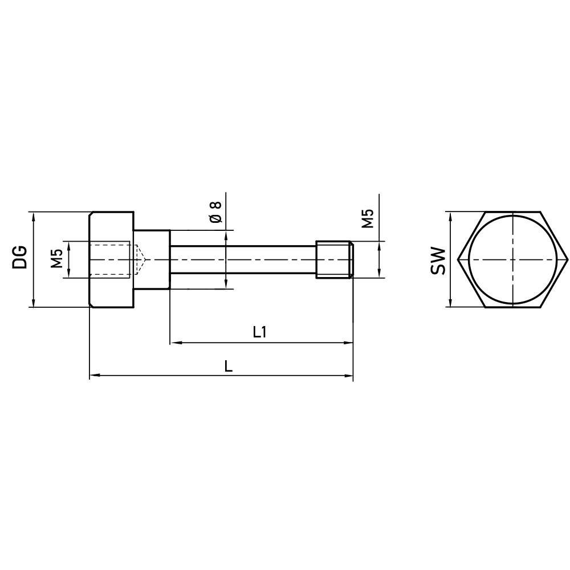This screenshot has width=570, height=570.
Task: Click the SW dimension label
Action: pyautogui.click(x=437, y=260)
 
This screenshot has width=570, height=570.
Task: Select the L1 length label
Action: pyautogui.click(x=260, y=332)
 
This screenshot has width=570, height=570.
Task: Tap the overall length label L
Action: pyautogui.click(x=228, y=366)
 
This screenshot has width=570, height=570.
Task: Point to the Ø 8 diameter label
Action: pyautogui.click(x=215, y=211)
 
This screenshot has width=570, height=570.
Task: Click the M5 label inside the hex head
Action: pyautogui.click(x=56, y=259)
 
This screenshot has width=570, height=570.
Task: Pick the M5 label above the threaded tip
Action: pyautogui.click(x=368, y=218)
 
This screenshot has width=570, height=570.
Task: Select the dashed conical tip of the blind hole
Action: pyautogui.click(x=141, y=259)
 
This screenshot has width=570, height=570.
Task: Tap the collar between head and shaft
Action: pyautogui.click(x=152, y=259)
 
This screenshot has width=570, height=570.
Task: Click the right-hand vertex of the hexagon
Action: pyautogui.click(x=568, y=259)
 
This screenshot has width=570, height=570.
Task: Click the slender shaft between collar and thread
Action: pyautogui.click(x=242, y=259)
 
